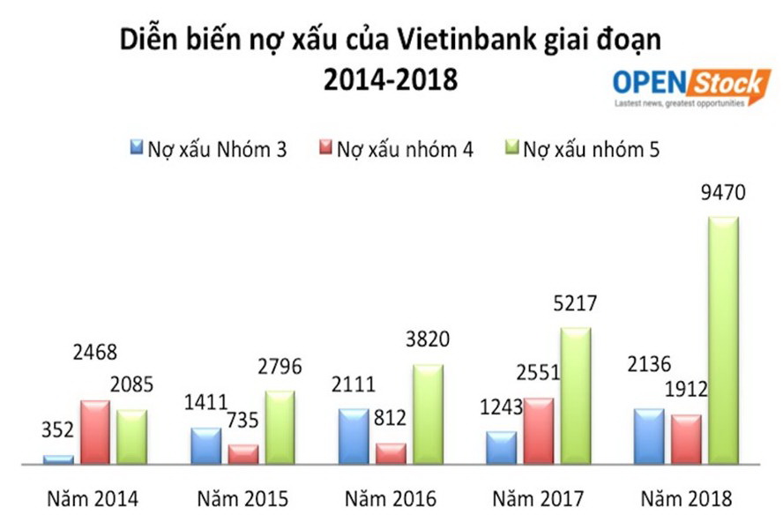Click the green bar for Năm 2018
[x=723, y=339]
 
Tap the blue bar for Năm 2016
[x=353, y=436]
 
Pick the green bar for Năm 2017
[x=575, y=395]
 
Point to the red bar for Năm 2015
[x=242, y=453]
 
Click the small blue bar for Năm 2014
[x=58, y=459]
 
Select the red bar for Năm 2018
[x=685, y=438]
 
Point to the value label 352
[x=57, y=431]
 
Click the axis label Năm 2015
[x=242, y=498]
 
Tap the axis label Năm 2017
[x=538, y=498]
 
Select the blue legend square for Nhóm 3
[x=137, y=147]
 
